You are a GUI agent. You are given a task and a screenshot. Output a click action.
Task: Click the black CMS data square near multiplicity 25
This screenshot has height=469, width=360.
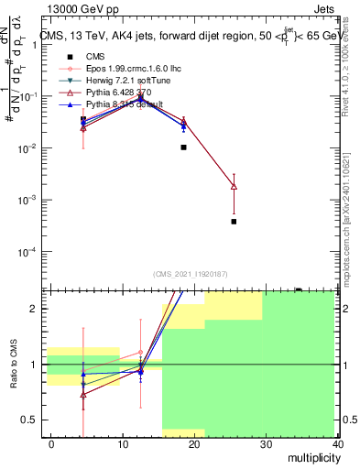234,222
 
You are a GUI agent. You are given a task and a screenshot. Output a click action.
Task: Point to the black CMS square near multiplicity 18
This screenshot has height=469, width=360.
184,147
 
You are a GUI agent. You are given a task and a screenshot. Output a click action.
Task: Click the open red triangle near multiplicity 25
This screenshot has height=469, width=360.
234,187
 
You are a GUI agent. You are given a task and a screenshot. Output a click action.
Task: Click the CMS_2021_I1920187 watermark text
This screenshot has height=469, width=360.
191,274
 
